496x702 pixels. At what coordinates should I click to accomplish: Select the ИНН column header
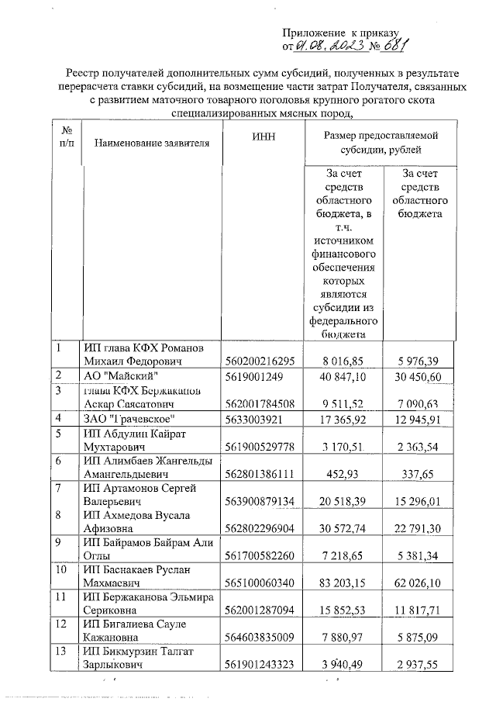pyautogui.click(x=263, y=137)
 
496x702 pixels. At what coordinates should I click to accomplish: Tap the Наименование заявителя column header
pyautogui.click(x=152, y=144)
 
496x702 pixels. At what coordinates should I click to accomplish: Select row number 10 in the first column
pyautogui.click(x=61, y=569)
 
